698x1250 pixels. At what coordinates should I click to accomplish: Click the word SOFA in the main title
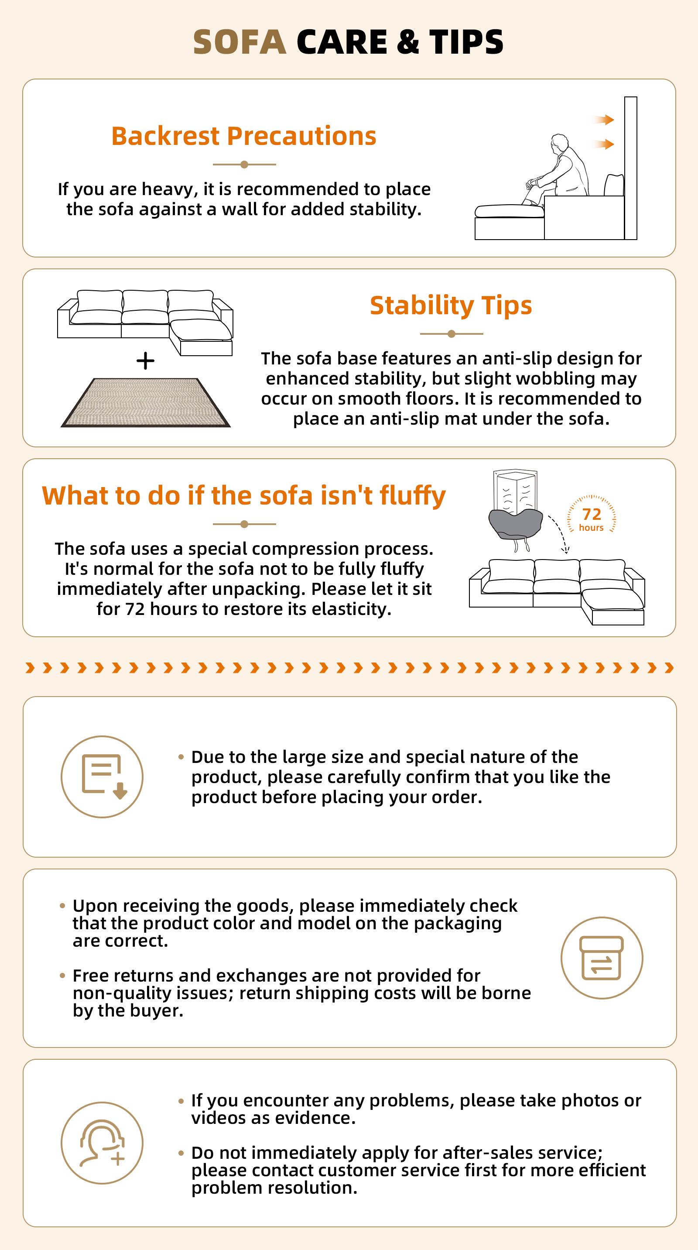tap(240, 42)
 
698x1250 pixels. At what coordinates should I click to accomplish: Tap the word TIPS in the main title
tap(466, 42)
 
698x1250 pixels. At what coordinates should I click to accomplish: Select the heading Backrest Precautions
tap(244, 136)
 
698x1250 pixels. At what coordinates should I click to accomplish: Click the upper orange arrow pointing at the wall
tap(604, 120)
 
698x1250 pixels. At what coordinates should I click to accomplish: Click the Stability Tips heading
tap(451, 306)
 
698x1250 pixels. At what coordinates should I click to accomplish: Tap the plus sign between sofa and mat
tap(146, 361)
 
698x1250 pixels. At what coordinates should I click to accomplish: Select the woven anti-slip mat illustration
tap(146, 402)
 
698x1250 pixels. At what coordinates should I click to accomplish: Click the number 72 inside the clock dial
tap(591, 514)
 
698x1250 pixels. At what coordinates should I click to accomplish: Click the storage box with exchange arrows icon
tap(602, 958)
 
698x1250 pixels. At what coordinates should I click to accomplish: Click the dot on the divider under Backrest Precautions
tap(244, 165)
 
